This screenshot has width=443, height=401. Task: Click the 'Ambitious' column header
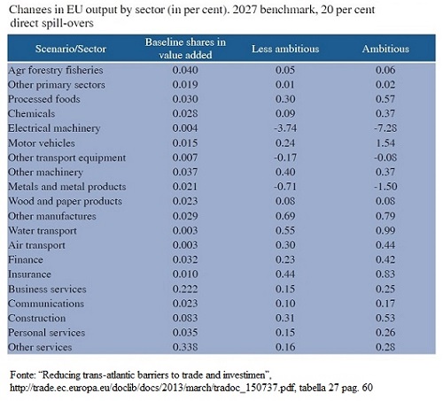coord(385,49)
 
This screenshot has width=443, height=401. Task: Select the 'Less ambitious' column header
coord(285,49)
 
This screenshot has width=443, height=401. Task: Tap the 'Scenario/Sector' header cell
coord(71,49)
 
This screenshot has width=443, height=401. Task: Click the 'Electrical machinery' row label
coord(54,128)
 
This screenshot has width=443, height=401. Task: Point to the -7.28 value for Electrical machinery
coord(385,128)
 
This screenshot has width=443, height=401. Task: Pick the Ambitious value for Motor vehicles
coord(385,143)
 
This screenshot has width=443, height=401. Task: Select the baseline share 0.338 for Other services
coord(185,347)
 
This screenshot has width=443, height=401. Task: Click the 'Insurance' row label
coord(29,274)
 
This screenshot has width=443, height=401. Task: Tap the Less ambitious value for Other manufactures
coord(285,216)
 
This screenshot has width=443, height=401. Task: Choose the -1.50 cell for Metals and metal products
coord(385,187)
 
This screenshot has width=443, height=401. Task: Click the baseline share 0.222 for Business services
coord(185,289)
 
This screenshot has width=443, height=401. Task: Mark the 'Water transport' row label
coord(43,231)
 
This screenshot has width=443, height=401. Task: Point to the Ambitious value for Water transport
coord(385,230)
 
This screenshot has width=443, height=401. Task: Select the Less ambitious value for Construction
coord(285,318)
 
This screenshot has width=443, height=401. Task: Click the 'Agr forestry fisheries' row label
coord(56,71)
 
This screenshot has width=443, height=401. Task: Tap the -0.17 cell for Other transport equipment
coord(285,158)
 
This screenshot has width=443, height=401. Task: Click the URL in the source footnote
coord(153,388)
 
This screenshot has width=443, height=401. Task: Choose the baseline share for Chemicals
coord(185,113)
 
